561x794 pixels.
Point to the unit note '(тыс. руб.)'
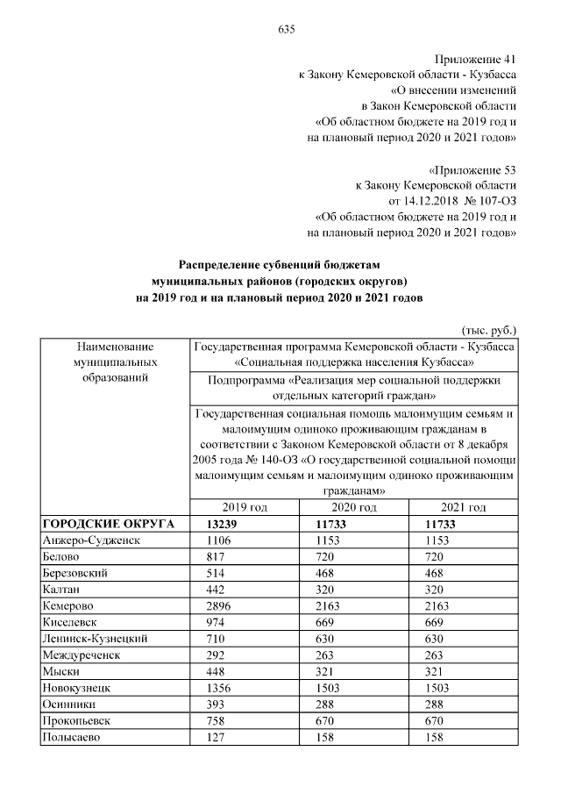point(488,330)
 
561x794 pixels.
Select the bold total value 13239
point(224,524)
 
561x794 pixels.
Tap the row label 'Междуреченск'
point(81,655)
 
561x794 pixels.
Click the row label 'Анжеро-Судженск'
point(90,540)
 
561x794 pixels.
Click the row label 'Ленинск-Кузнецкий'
point(94,639)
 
